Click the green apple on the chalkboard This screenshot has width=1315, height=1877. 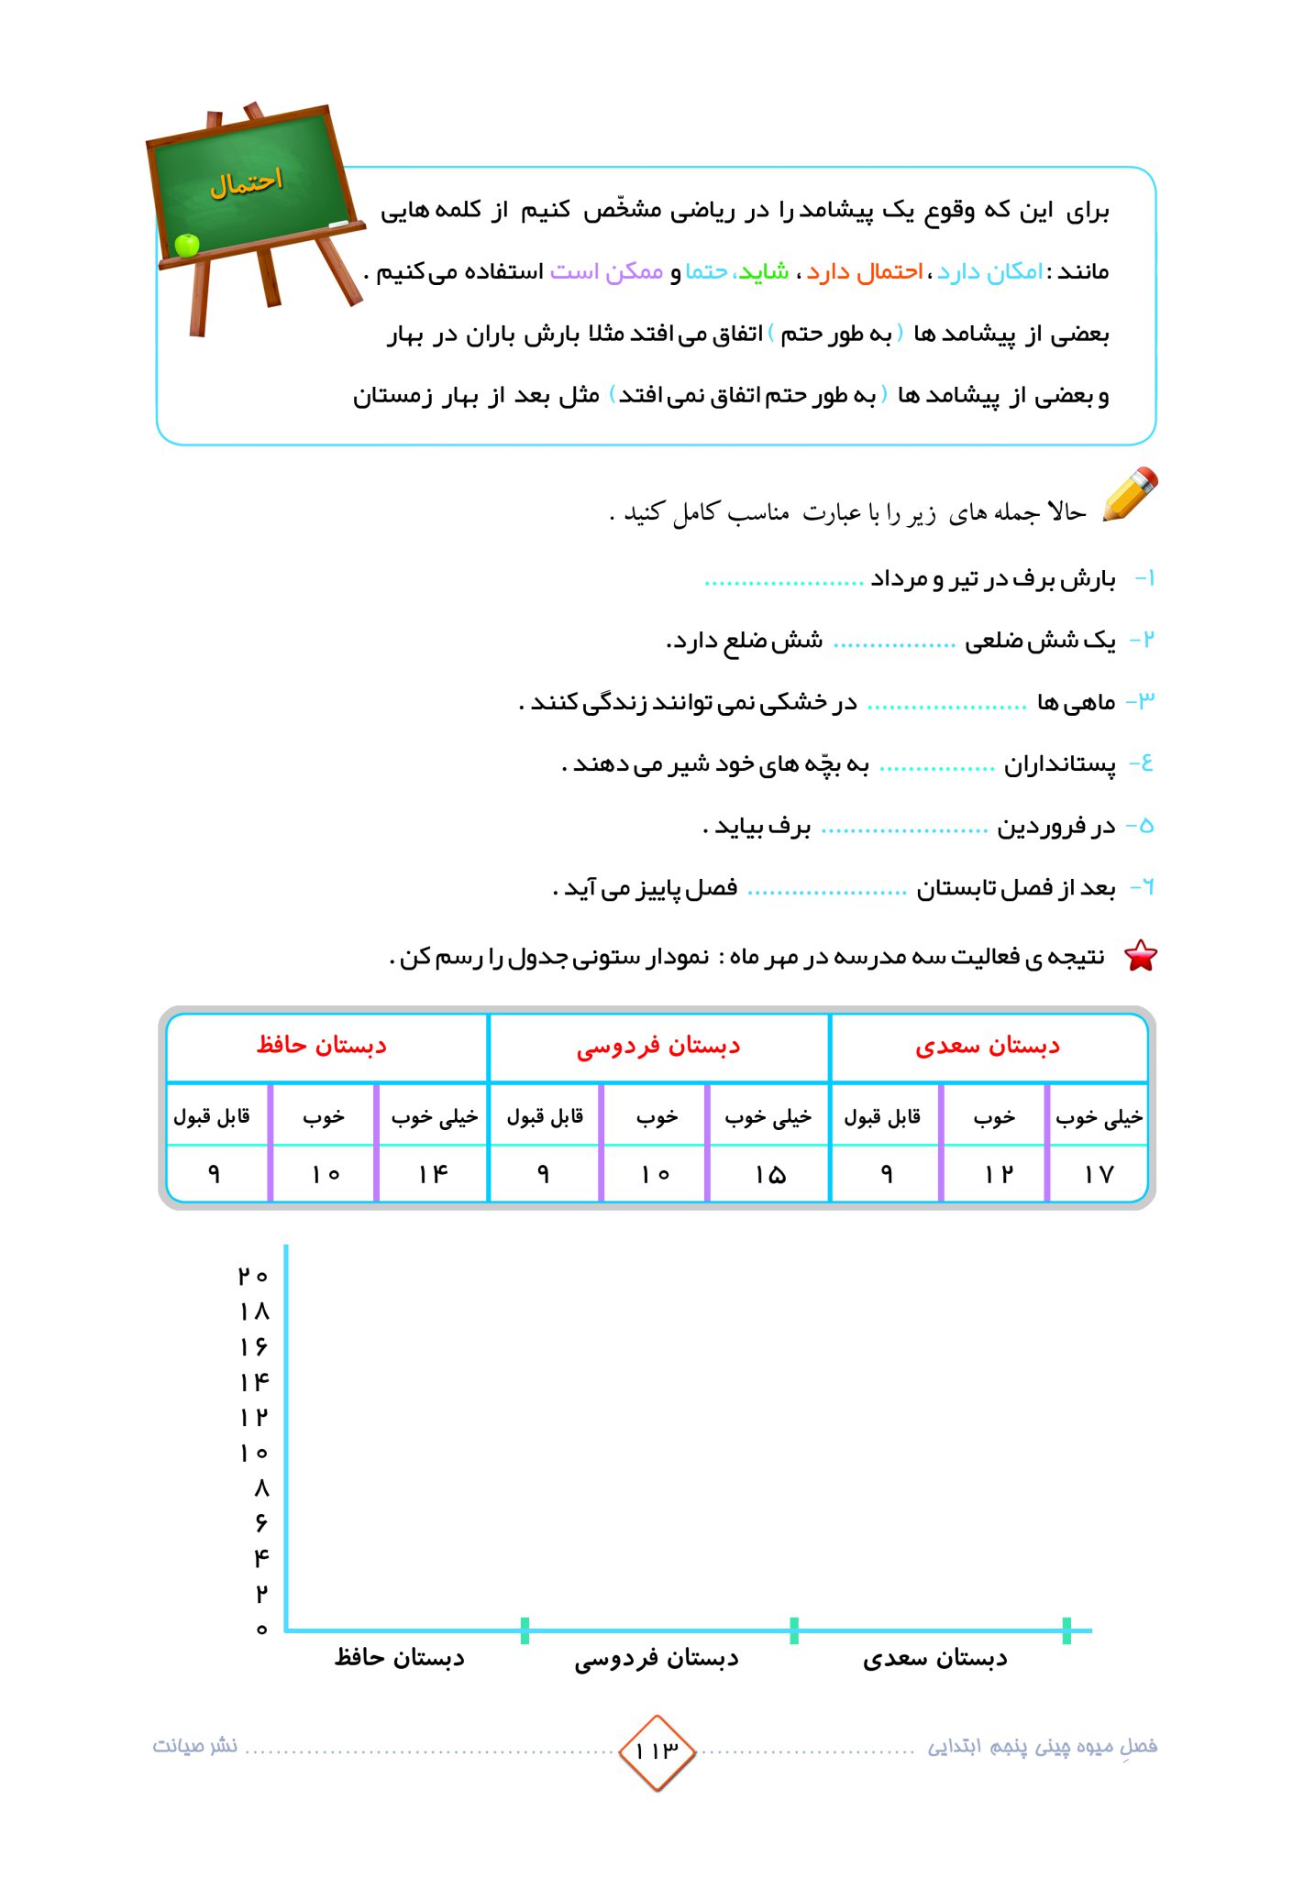tap(187, 245)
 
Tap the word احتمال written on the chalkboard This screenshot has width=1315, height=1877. tap(246, 182)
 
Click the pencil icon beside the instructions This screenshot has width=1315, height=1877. tap(1131, 495)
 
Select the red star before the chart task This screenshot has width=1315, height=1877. tap(1141, 956)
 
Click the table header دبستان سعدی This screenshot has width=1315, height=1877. tap(988, 1046)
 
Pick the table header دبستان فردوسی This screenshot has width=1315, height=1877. tap(658, 1046)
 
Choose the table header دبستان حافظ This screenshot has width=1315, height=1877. tap(322, 1045)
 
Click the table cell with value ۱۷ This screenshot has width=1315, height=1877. tap(1098, 1174)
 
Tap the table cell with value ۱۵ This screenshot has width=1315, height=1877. tap(769, 1174)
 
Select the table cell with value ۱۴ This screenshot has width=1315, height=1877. tap(433, 1174)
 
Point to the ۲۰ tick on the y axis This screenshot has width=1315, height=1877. tap(253, 1276)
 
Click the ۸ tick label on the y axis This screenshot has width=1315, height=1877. tap(261, 1487)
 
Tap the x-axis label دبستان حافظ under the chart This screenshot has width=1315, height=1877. tap(400, 1658)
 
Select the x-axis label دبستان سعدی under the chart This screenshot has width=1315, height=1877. tap(935, 1658)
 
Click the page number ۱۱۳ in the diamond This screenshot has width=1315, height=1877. tap(657, 1751)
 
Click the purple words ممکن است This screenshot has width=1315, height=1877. tap(606, 272)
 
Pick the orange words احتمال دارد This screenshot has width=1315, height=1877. tap(865, 272)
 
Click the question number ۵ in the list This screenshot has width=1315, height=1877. tap(1144, 826)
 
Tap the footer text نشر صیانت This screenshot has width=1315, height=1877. tap(195, 1746)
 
